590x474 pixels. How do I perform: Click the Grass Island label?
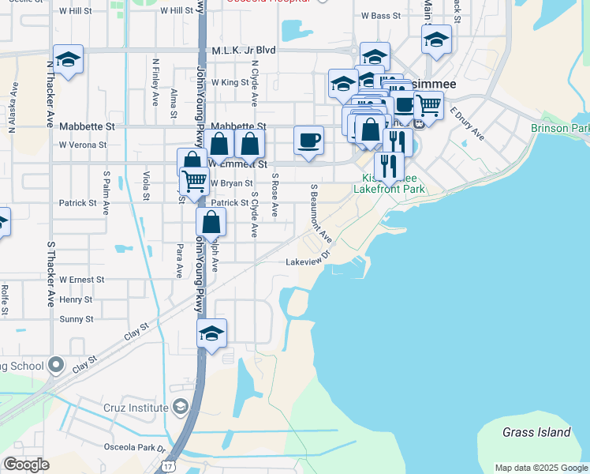tap(536, 432)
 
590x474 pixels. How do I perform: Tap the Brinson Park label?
tap(560, 128)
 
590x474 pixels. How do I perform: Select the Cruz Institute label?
tap(136, 408)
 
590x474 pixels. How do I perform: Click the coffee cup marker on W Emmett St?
tap(308, 141)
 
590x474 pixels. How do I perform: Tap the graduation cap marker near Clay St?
tap(211, 333)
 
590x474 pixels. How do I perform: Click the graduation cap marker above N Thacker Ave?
tap(68, 59)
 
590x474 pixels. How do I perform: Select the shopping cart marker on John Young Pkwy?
tap(194, 181)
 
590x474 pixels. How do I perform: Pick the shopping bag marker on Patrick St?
tap(211, 223)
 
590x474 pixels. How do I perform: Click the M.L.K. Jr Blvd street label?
tap(244, 50)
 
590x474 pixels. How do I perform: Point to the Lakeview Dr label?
tap(306, 261)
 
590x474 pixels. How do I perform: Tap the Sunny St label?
tap(77, 319)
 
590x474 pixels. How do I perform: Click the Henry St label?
tap(76, 299)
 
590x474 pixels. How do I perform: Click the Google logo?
tap(26, 464)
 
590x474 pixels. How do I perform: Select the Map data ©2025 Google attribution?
tap(540, 468)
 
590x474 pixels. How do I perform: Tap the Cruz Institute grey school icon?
tap(181, 407)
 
